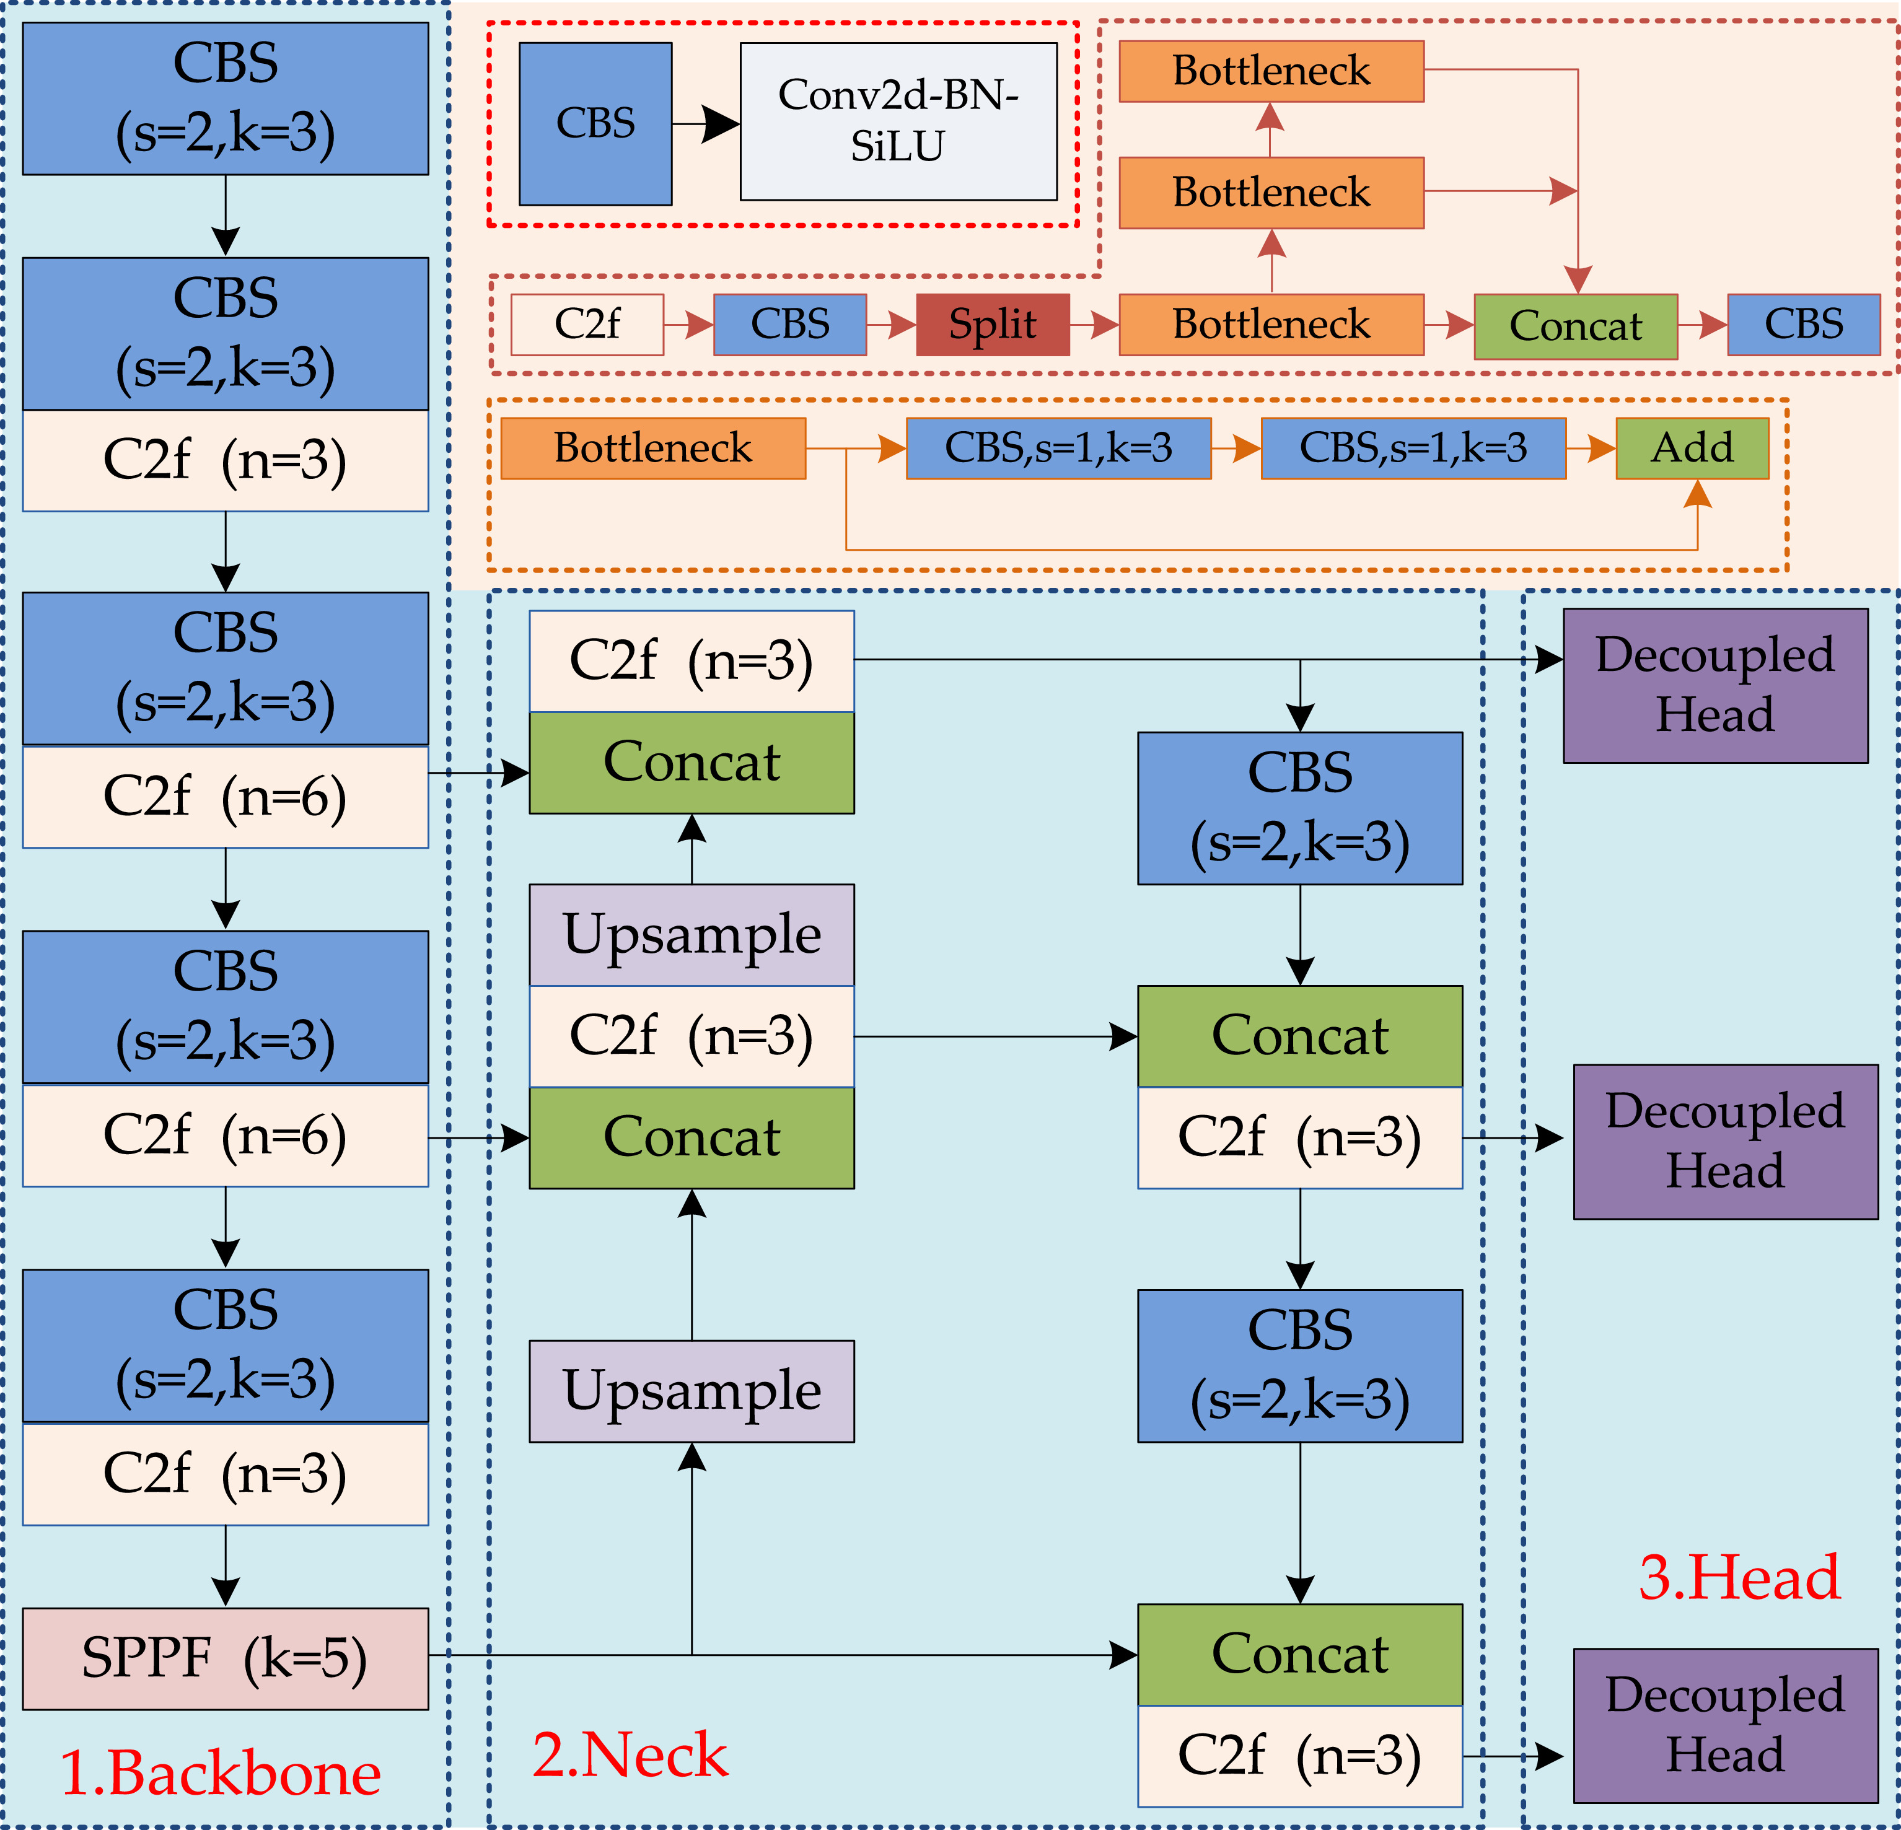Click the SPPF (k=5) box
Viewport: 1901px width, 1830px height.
pos(225,1658)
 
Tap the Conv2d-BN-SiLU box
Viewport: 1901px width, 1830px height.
pos(898,121)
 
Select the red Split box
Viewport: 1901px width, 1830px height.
pos(992,325)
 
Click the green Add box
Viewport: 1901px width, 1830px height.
pos(1692,448)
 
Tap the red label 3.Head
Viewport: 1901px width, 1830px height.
pos(1739,1576)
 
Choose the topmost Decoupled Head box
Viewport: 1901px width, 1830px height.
pos(1714,685)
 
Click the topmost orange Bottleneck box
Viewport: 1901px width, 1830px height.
pos(1271,71)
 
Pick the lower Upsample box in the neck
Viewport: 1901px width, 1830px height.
pos(691,1391)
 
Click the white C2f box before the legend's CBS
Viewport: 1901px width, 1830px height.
pos(587,325)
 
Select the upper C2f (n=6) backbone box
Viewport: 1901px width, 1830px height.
pos(225,797)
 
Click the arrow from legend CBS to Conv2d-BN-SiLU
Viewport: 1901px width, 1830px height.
pos(705,123)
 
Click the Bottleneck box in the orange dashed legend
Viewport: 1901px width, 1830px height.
pos(652,448)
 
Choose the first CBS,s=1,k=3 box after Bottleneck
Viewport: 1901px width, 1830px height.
pos(1058,448)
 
